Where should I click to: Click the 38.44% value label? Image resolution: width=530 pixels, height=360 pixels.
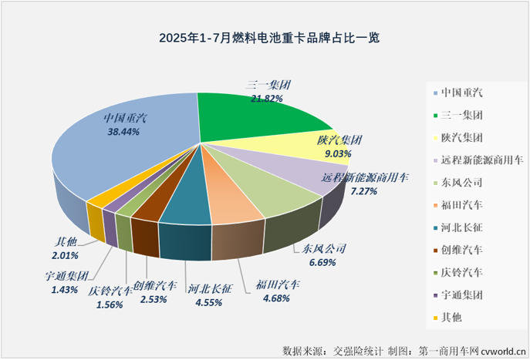pos(124,132)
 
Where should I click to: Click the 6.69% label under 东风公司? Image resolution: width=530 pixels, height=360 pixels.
pos(319,263)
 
